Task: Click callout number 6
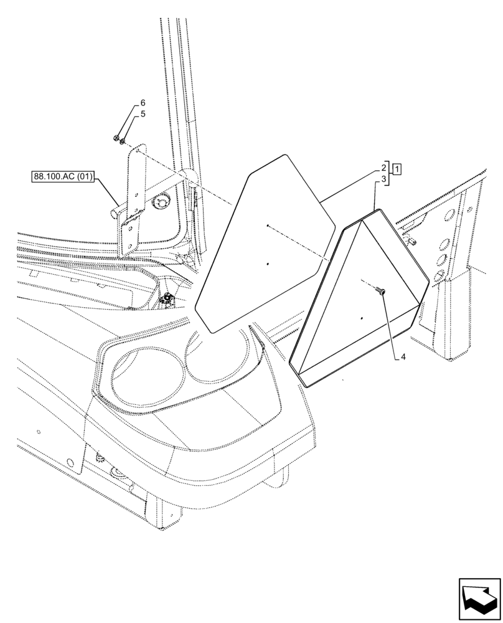[143, 102]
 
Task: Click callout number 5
[143, 114]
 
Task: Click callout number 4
[403, 357]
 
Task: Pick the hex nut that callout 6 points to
[117, 138]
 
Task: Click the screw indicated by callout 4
[382, 292]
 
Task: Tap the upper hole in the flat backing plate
[266, 226]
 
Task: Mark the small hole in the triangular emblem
[360, 319]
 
